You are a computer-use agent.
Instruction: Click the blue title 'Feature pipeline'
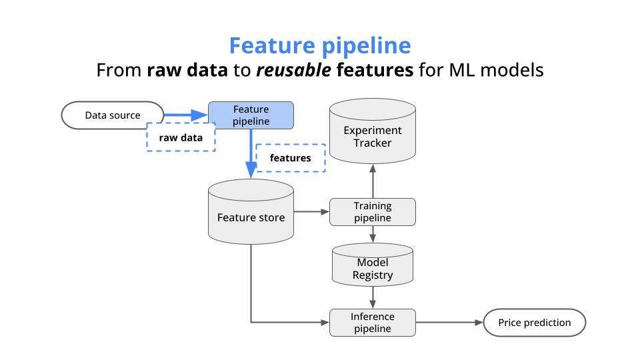[319, 45]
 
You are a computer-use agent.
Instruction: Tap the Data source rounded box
[113, 115]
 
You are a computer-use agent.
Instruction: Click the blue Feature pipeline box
[251, 115]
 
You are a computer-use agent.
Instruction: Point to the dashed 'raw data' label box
[181, 139]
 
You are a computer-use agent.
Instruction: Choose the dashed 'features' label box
[290, 158]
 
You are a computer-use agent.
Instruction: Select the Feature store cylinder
[251, 217]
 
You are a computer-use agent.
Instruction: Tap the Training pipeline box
[373, 212]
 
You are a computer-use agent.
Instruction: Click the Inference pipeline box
[373, 323]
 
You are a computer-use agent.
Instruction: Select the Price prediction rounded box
[535, 323]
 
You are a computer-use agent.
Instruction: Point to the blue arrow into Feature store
[251, 155]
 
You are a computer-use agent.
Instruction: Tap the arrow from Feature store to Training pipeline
[311, 212]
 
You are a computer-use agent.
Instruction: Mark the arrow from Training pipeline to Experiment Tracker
[373, 181]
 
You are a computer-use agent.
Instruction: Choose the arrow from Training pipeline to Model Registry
[373, 235]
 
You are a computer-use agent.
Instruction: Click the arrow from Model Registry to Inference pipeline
[373, 297]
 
